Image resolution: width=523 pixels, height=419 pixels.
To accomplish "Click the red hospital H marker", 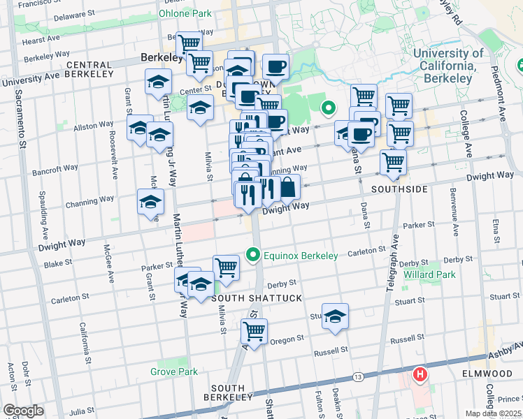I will (x=420, y=375).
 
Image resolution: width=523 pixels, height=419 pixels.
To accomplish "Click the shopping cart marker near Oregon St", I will (x=254, y=330).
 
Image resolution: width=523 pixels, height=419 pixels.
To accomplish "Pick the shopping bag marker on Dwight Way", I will (x=288, y=186).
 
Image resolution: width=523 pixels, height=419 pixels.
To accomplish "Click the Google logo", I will (x=23, y=411).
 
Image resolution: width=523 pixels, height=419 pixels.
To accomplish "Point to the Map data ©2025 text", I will (x=492, y=413).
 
